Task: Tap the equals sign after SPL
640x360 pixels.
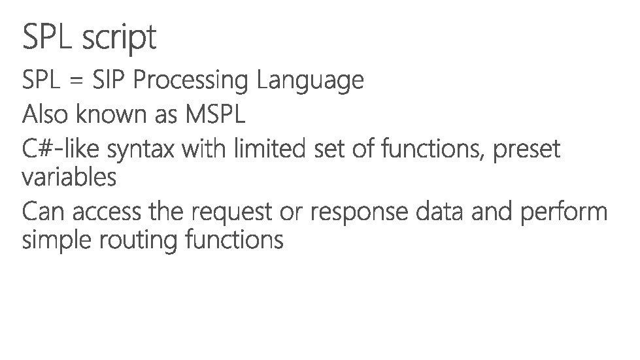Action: (76, 81)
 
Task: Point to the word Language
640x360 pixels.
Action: (310, 82)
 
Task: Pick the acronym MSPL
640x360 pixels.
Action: (216, 115)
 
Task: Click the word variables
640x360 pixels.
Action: (69, 177)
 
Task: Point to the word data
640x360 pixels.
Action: (434, 212)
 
